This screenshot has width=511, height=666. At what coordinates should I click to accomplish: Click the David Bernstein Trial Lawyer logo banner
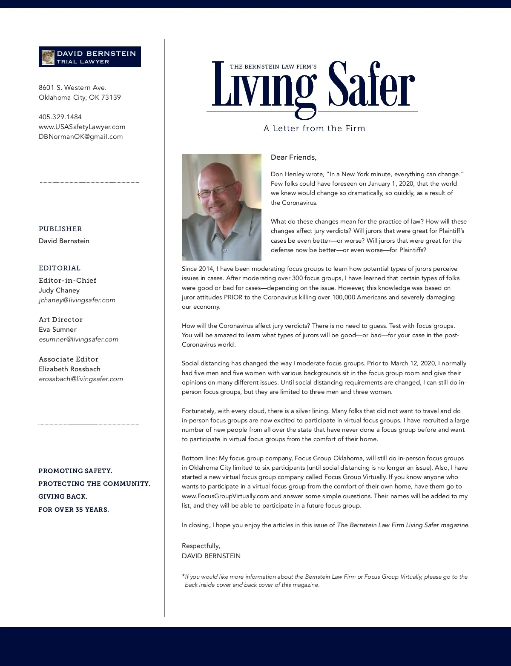90,57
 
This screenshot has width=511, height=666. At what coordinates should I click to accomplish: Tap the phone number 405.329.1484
60,117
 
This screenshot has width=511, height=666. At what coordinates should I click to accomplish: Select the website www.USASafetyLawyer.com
82,126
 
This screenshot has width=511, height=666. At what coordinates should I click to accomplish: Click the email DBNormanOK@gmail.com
80,136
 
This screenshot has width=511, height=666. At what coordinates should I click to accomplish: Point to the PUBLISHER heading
60,229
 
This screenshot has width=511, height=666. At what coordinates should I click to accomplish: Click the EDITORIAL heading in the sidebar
60,268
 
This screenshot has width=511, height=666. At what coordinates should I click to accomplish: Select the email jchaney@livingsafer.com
77,300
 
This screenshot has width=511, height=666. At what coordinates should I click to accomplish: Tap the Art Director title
60,319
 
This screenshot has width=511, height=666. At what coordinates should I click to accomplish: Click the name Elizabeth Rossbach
69,369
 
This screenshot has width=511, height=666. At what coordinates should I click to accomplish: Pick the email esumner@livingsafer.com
78,339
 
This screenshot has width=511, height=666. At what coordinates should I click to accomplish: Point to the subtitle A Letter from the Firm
314,128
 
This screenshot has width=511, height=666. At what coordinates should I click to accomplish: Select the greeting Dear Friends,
293,157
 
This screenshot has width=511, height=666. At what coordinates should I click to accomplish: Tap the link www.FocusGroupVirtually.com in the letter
225,496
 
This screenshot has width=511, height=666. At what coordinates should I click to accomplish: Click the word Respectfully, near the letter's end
201,545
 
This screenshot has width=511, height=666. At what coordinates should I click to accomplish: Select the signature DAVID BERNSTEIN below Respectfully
211,556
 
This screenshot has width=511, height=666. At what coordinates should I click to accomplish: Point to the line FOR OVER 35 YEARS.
74,509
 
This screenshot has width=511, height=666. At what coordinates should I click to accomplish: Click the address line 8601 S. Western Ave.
72,87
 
